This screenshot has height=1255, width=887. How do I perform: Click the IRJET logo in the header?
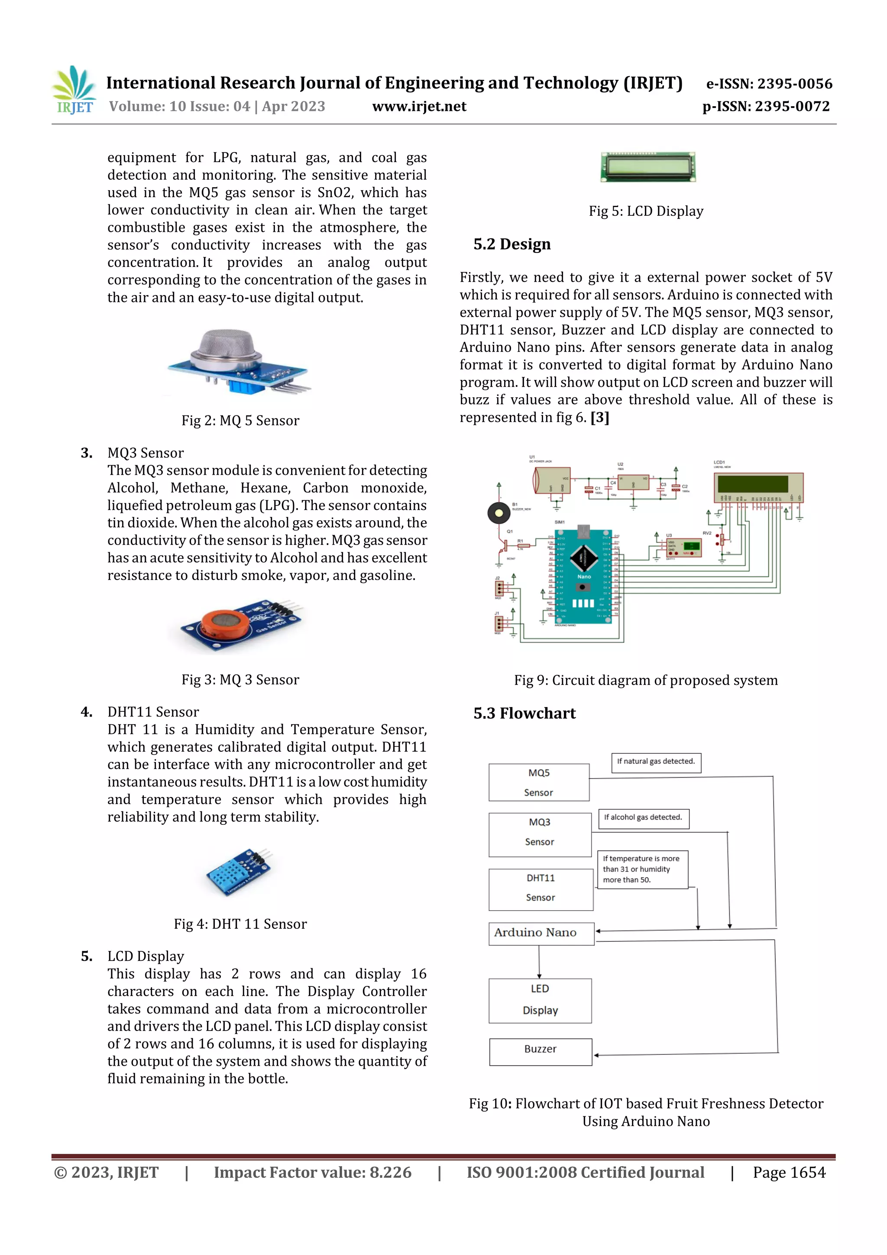[74, 91]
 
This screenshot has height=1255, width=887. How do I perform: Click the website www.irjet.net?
[419, 107]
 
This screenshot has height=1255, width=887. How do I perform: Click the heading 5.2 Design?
[511, 244]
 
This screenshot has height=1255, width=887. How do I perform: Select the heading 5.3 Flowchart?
[524, 713]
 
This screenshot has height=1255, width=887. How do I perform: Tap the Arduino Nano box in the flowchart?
[541, 933]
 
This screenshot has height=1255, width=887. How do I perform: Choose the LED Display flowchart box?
[540, 1000]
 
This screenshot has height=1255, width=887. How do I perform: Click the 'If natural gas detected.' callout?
[655, 762]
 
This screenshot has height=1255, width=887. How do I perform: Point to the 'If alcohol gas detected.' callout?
[643, 818]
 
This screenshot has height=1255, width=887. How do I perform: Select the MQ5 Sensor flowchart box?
[538, 782]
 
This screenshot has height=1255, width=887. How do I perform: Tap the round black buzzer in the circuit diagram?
[499, 513]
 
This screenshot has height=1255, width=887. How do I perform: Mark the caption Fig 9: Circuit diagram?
[645, 681]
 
